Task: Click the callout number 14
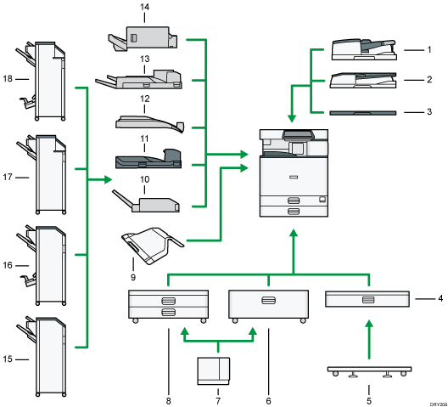tap(144, 8)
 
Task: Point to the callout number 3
tap(430, 111)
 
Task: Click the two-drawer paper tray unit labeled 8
tap(166, 305)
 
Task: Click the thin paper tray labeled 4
tap(367, 299)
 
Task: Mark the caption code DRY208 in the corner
tap(435, 403)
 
